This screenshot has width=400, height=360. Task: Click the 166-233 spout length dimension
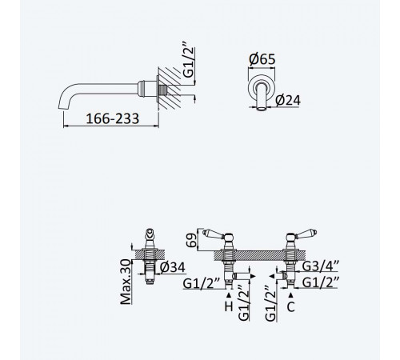click(112, 118)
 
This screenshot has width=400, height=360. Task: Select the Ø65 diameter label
click(262, 59)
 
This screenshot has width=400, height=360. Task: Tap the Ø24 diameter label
click(288, 100)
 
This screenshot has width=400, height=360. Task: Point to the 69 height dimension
click(191, 239)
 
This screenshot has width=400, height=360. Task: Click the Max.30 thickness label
click(126, 282)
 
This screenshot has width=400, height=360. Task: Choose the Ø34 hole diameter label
click(172, 267)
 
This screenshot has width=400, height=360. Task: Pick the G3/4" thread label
click(321, 266)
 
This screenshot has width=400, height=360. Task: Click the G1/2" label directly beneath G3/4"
click(321, 282)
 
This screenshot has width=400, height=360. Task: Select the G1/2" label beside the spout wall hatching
click(189, 59)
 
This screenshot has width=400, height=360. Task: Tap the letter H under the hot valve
click(229, 306)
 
